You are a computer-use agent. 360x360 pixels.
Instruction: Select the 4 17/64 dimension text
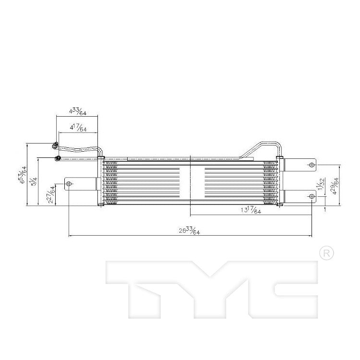coord(78,129)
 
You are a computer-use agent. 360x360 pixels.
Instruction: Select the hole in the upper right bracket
coord(312,166)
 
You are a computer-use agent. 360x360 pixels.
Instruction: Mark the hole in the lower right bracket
coord(312,198)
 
